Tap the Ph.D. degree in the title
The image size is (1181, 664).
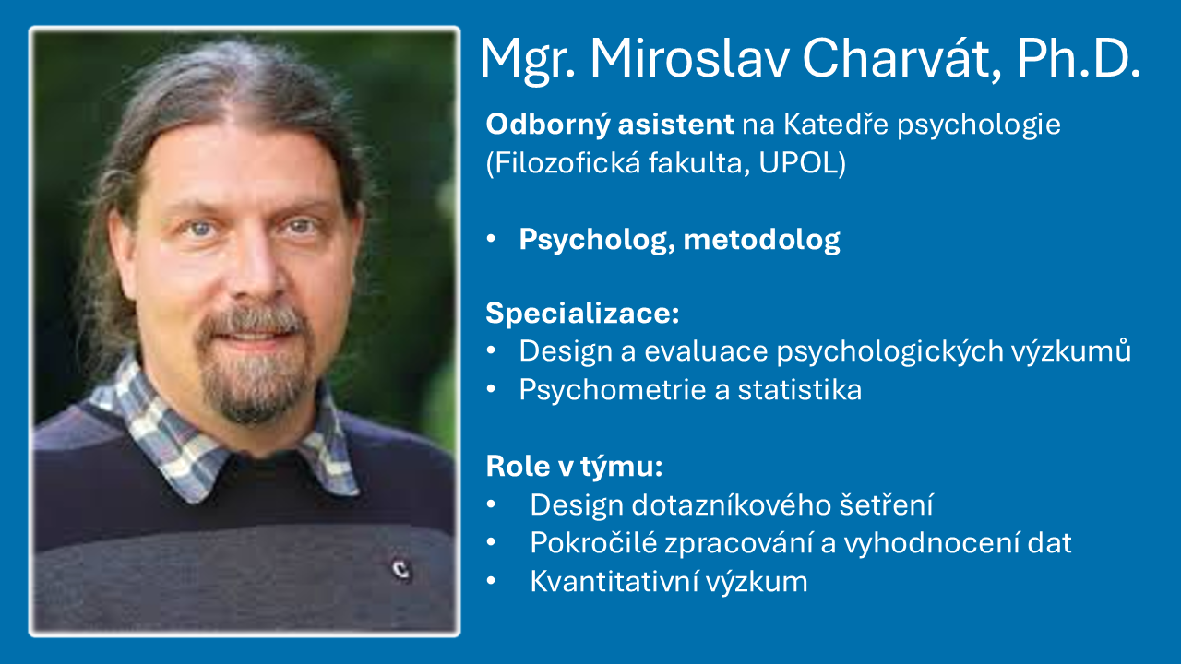[x=1079, y=59]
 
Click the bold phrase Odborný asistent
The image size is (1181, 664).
[x=610, y=124]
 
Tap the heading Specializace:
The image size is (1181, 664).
[x=582, y=314]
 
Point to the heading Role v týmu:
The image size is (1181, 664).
[x=575, y=467]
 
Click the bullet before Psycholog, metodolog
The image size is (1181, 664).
[x=493, y=241]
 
